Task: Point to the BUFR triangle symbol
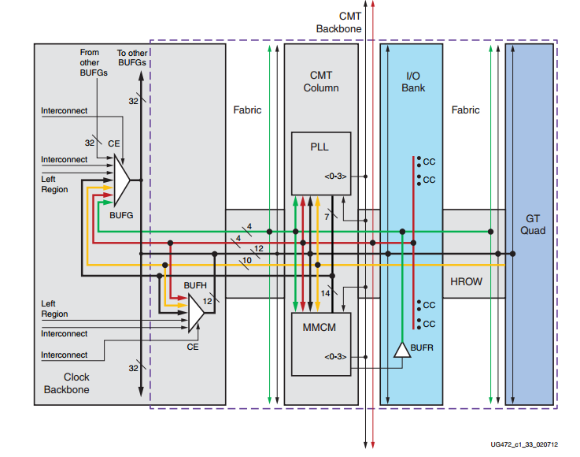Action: (x=401, y=350)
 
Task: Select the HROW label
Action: (x=465, y=281)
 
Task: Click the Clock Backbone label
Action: (x=67, y=383)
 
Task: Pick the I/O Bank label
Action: (x=413, y=81)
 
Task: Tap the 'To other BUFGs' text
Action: (x=134, y=57)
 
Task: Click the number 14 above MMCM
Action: (x=325, y=293)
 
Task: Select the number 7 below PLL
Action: (x=327, y=216)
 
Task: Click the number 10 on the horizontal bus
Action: (x=246, y=259)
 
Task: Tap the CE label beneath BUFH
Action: (x=191, y=345)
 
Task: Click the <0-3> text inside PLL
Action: (x=335, y=176)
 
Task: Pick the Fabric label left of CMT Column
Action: (x=247, y=110)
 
